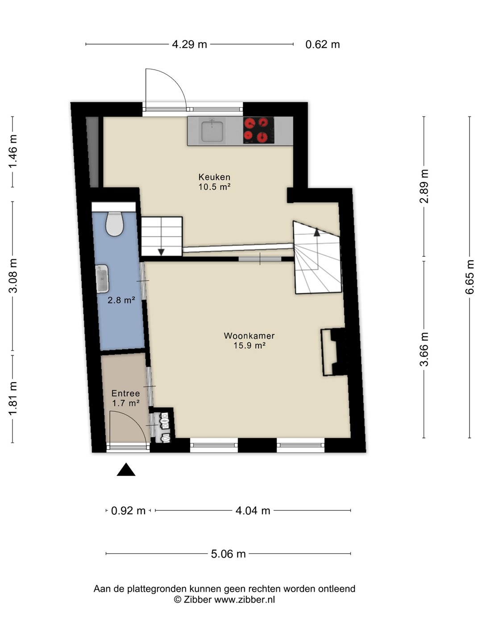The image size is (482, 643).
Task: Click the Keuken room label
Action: [214, 177]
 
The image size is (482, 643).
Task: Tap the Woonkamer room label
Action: [249, 336]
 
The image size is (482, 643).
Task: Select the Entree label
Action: [125, 393]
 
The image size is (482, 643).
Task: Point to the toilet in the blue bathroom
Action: [115, 224]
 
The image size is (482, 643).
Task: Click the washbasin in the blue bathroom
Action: [102, 279]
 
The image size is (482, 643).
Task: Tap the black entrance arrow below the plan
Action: [126, 469]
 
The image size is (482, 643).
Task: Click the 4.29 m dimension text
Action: [189, 45]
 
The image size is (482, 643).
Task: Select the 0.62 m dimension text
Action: [323, 45]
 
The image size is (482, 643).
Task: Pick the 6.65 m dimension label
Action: [470, 277]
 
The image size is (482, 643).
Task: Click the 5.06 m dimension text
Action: [228, 554]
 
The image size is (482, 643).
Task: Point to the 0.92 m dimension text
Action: [128, 510]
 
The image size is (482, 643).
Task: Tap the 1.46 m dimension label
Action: [13, 151]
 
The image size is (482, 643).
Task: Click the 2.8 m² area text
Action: [121, 300]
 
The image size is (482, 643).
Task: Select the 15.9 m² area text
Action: [249, 346]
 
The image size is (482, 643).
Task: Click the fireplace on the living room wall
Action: [334, 352]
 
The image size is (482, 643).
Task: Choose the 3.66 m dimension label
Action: [424, 349]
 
